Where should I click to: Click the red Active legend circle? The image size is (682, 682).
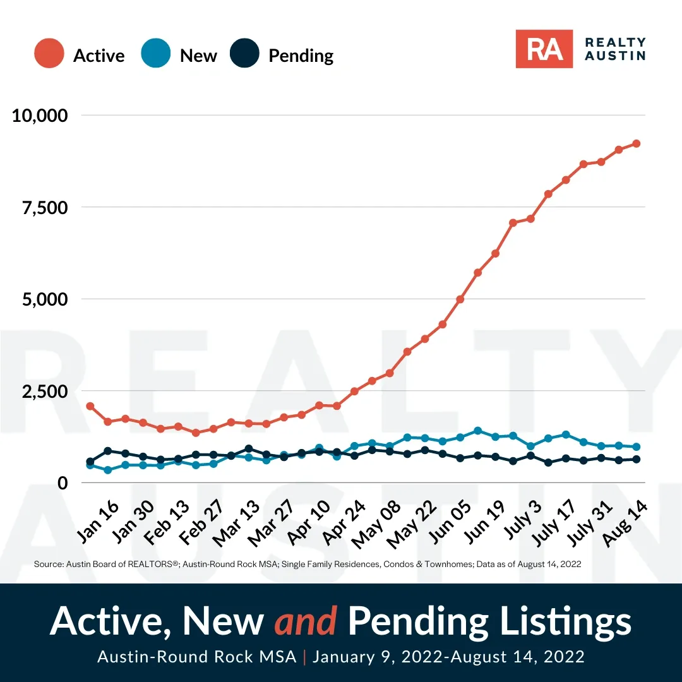[x=49, y=53]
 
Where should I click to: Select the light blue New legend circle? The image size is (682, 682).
[x=156, y=53]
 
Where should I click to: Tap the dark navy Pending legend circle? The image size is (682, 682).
[x=244, y=53]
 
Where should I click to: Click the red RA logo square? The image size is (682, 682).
[x=544, y=49]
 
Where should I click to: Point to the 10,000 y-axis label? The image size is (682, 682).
[x=40, y=116]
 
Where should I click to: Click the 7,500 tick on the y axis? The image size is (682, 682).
[x=45, y=208]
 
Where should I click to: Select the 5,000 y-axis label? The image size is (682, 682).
[x=45, y=299]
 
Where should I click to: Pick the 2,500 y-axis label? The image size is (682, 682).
[x=45, y=392]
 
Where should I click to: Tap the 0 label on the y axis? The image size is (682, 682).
[x=63, y=483]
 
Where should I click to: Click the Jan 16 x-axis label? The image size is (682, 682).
[x=98, y=522]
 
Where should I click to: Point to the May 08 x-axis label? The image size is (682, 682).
[x=376, y=525]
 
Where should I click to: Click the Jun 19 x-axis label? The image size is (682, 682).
[x=484, y=522]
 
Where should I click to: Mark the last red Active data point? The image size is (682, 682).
[x=636, y=143]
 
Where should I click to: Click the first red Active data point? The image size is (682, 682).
[x=90, y=406]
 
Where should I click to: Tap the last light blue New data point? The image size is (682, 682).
[x=636, y=446]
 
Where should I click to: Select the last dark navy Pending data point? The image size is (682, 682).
[x=636, y=459]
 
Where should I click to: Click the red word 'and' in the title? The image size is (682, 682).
[x=306, y=621]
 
